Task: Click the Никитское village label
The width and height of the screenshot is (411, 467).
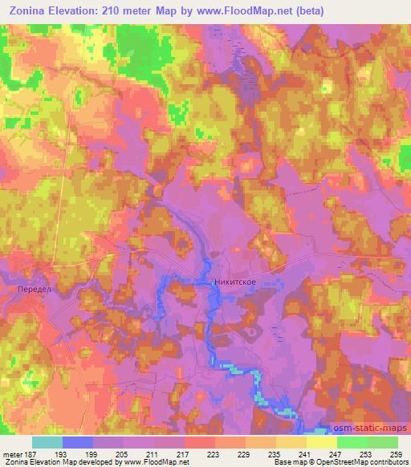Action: (234, 282)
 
